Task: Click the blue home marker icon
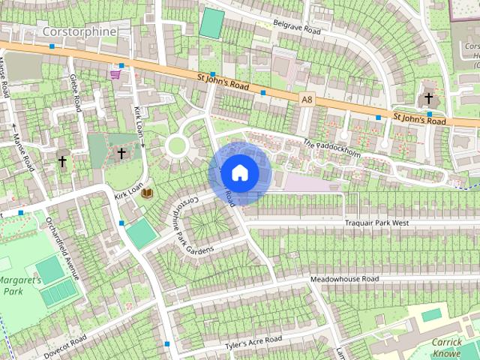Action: (239, 172)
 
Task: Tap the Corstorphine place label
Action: (79, 31)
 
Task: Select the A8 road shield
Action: (307, 98)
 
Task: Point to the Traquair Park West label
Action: (376, 223)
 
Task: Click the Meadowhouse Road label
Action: (345, 279)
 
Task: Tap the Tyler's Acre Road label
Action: (253, 343)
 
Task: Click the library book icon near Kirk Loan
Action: (148, 193)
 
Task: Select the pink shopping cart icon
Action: (115, 73)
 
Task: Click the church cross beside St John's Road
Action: (429, 98)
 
